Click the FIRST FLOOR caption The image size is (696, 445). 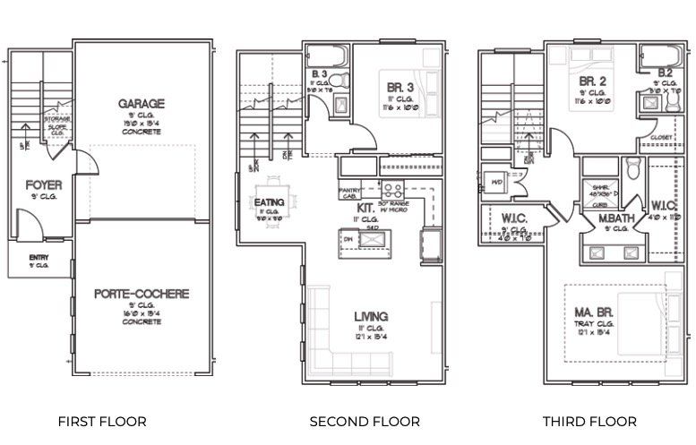point(101,421)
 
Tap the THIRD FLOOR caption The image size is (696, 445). point(589,421)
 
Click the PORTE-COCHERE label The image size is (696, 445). point(142,294)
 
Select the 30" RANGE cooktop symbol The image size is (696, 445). point(392,190)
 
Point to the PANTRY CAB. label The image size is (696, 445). point(350,193)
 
